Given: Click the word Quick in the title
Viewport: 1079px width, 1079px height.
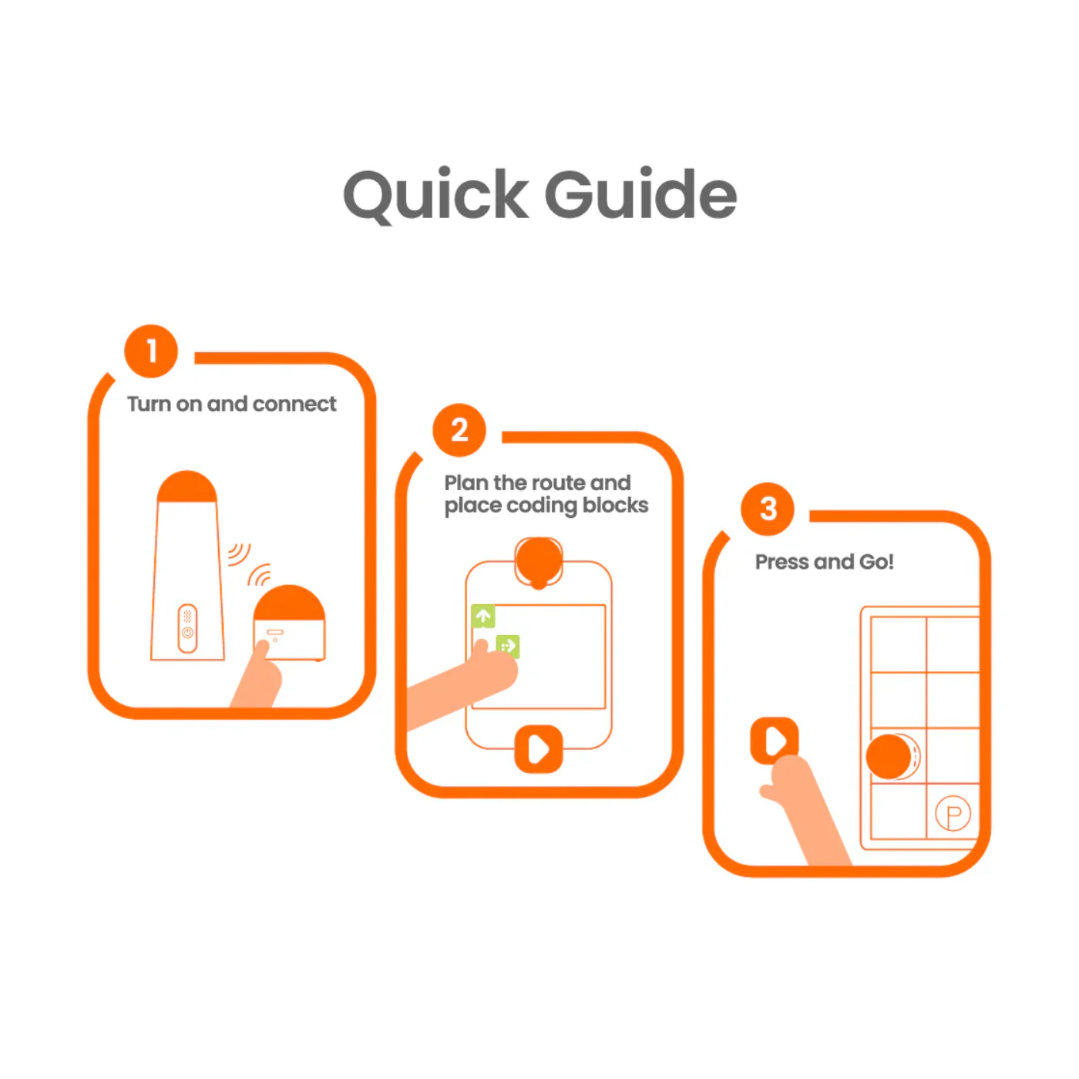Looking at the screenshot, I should pyautogui.click(x=435, y=195).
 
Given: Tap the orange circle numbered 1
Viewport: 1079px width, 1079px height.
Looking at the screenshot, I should pyautogui.click(x=151, y=351).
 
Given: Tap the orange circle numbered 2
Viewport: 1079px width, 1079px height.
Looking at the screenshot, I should pyautogui.click(x=459, y=429).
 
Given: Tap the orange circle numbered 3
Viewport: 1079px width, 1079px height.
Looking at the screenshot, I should pyautogui.click(x=768, y=509).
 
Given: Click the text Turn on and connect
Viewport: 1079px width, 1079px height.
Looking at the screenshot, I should pyautogui.click(x=231, y=404).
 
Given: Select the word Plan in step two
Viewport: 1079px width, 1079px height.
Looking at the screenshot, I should pyautogui.click(x=466, y=482).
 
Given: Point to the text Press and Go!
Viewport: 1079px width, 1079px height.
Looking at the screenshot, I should pyautogui.click(x=824, y=562).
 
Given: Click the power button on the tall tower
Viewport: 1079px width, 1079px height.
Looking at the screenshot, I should pyautogui.click(x=187, y=633).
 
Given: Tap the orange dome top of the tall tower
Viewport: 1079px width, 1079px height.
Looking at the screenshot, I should pyautogui.click(x=187, y=486).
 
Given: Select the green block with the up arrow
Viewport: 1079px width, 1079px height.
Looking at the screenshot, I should pyautogui.click(x=483, y=616).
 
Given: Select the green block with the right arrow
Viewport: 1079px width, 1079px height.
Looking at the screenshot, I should pyautogui.click(x=507, y=645).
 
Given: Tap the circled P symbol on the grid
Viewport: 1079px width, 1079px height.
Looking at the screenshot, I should pyautogui.click(x=953, y=814).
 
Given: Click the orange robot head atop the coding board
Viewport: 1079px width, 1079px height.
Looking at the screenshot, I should pyautogui.click(x=539, y=560).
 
